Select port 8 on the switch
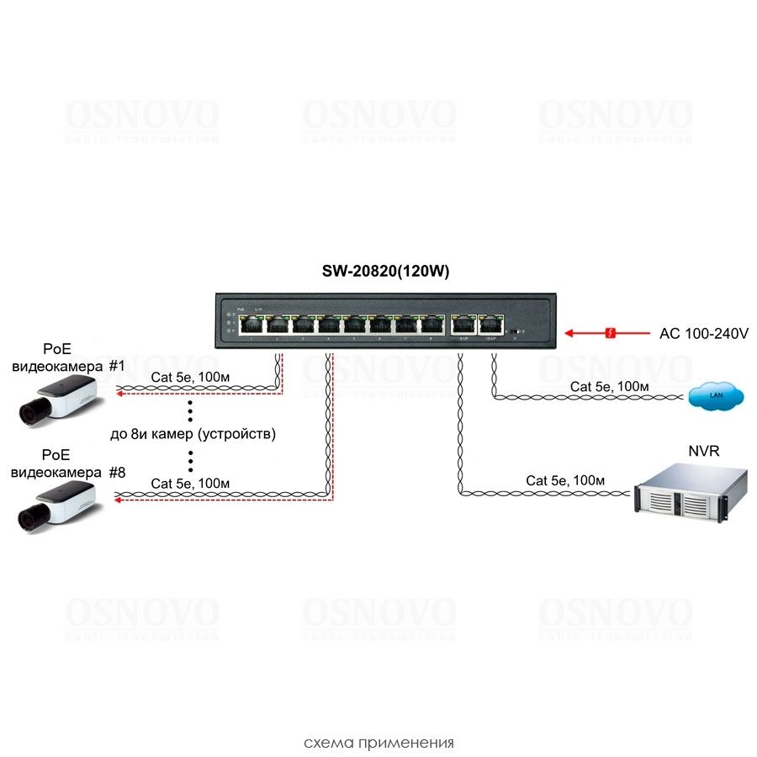pos(432,324)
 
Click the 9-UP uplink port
pos(463,324)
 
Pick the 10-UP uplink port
pos(490,324)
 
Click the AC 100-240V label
pos(704,334)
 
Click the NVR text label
pos(704,452)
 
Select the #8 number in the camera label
pos(117,474)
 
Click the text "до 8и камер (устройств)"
pos(193,435)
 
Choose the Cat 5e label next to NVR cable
pos(565,480)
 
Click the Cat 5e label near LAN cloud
pos(610,386)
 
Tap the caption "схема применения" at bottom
pos(378,743)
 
